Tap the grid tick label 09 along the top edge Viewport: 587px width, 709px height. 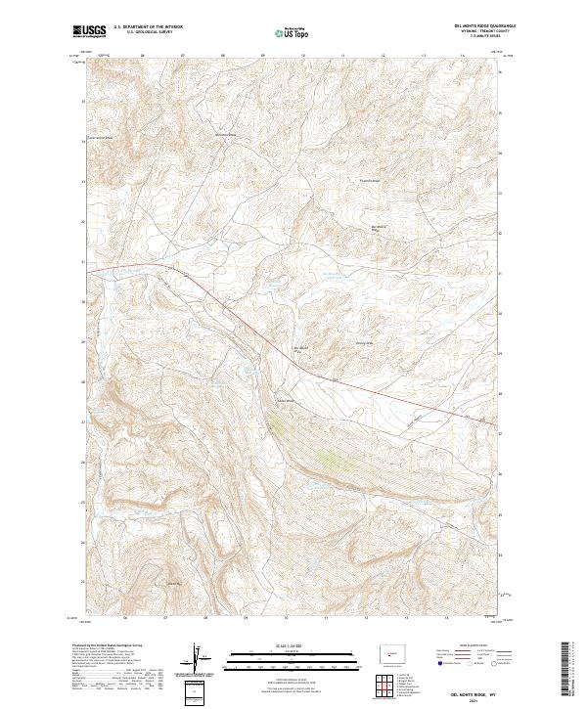tap(263, 57)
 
